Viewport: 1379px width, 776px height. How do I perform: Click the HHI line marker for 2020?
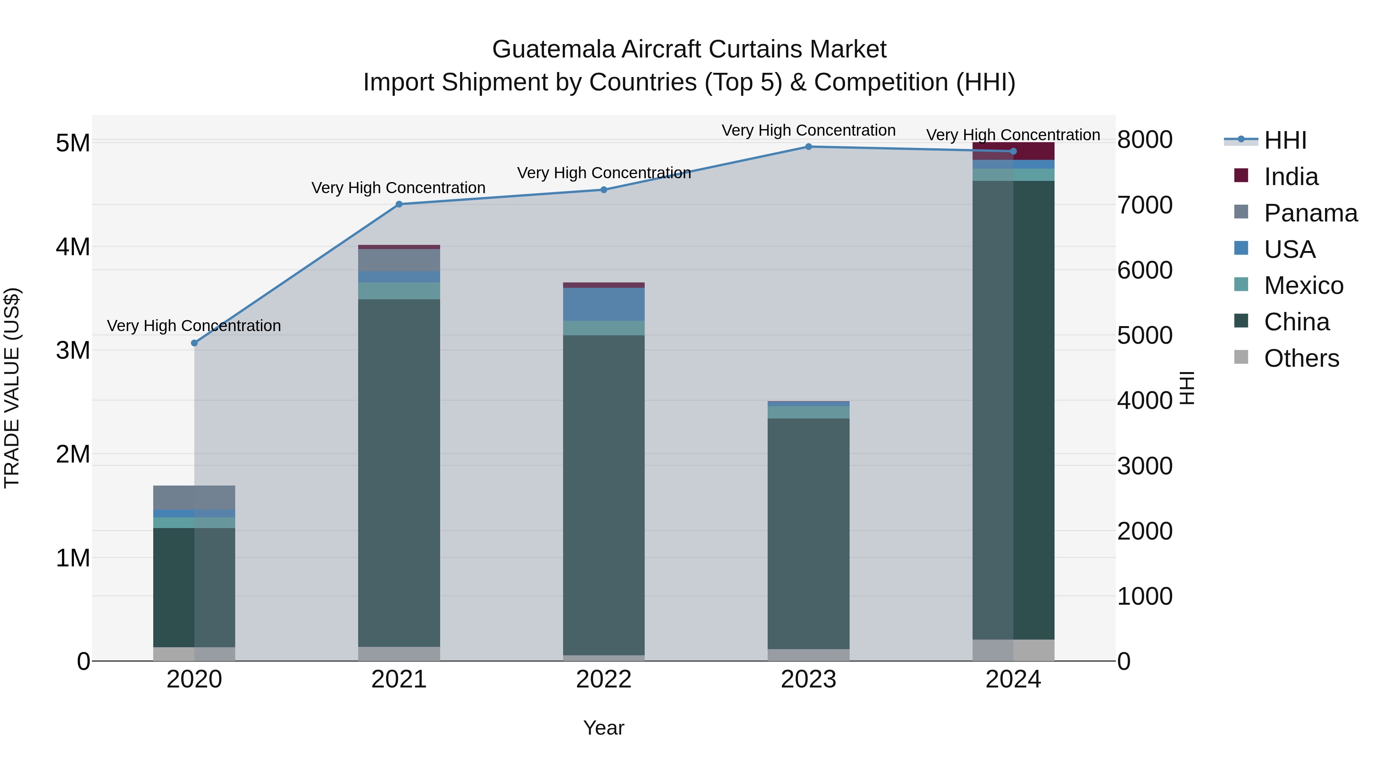(x=194, y=343)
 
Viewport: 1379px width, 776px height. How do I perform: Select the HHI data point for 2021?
(x=399, y=204)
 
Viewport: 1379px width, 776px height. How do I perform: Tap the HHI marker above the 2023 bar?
(x=808, y=147)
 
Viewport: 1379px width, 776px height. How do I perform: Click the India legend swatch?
(x=1241, y=176)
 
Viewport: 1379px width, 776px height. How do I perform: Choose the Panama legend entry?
(x=1310, y=213)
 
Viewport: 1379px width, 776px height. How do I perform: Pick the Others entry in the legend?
(x=1301, y=358)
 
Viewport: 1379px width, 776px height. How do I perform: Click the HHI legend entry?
(x=1285, y=140)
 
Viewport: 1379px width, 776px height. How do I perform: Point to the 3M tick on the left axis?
(x=73, y=351)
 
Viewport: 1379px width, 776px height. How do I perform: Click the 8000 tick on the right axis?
(x=1145, y=140)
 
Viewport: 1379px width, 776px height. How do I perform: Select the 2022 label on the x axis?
(x=603, y=679)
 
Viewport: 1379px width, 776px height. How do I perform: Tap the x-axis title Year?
(x=603, y=728)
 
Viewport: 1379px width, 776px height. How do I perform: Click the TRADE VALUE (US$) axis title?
(x=12, y=388)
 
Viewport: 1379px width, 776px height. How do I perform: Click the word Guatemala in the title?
(x=554, y=49)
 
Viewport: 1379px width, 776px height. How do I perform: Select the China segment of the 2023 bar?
(x=808, y=533)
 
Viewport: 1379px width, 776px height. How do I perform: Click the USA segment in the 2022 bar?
(x=603, y=304)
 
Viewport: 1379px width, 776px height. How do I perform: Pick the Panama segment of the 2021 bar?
(x=399, y=260)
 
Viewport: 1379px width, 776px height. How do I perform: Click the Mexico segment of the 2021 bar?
(x=399, y=291)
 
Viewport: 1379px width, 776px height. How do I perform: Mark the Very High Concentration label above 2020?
(x=194, y=326)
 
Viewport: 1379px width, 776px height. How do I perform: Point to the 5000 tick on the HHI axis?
(x=1145, y=336)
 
